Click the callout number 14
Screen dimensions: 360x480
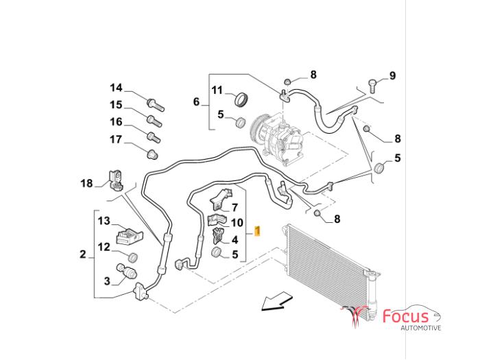[116, 88]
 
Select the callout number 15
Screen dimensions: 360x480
[116, 105]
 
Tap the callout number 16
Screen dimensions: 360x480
[116, 122]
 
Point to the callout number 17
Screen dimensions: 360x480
[116, 139]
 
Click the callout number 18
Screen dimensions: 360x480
[86, 183]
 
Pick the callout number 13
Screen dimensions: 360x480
[103, 221]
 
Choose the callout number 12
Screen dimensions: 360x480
[103, 247]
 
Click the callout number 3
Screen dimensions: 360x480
[107, 280]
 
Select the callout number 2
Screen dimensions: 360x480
[83, 255]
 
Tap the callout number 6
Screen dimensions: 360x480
[196, 103]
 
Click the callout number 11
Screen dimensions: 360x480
[217, 91]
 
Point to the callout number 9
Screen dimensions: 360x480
[393, 75]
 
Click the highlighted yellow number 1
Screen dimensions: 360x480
[257, 231]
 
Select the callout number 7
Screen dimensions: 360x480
[235, 207]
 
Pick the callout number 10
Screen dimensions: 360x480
[237, 222]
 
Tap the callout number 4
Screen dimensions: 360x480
[235, 239]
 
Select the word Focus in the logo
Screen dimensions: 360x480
[407, 317]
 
